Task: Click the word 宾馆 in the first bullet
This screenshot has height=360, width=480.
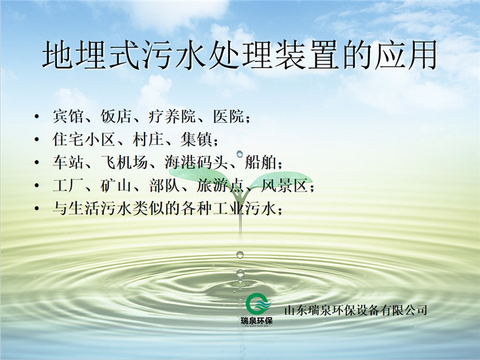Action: (68, 117)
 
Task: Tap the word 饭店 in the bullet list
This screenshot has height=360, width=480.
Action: (116, 117)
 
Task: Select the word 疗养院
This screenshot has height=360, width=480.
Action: (172, 117)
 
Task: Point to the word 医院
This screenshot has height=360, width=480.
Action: (228, 117)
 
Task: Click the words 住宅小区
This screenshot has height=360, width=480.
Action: (83, 140)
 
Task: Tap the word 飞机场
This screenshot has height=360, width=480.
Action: (124, 162)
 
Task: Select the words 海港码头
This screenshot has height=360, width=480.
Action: (196, 162)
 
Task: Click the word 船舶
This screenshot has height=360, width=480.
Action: (260, 162)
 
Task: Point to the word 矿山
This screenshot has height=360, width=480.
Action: (116, 185)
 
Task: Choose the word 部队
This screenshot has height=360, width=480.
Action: (164, 185)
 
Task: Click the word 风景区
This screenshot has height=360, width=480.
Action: (284, 185)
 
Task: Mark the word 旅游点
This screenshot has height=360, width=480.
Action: (220, 185)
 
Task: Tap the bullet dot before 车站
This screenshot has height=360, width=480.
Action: (36, 163)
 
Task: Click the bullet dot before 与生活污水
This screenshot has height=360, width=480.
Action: (36, 209)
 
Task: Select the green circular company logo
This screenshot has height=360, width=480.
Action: (258, 304)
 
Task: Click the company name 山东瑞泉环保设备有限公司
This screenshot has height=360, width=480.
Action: (356, 310)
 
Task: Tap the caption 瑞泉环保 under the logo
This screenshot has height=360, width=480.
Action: (257, 321)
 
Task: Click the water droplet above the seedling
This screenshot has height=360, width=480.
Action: (240, 154)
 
